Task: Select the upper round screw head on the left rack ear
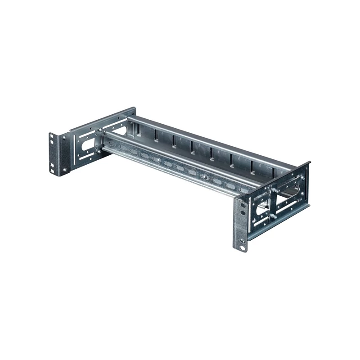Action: point(63,139)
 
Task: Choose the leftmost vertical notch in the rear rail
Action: point(155,135)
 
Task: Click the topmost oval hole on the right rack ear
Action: point(242,205)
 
